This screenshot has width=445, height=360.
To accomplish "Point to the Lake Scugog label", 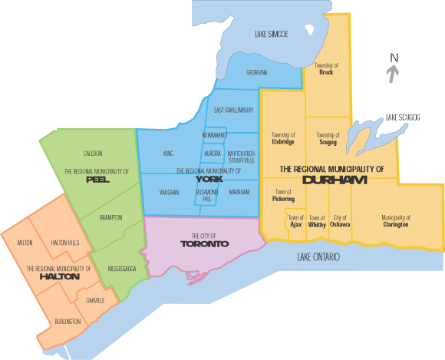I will click(x=403, y=117).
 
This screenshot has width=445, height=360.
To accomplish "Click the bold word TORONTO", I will click(x=204, y=243).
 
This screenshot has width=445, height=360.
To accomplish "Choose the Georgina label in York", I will click(x=257, y=73).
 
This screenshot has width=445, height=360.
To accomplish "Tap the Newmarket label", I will click(x=215, y=135).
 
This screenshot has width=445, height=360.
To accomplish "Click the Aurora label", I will click(x=213, y=154).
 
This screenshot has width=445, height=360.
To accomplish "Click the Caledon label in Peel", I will click(x=93, y=154).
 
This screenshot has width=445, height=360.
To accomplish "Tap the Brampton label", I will click(x=111, y=218).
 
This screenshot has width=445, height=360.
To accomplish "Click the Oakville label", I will click(x=96, y=300).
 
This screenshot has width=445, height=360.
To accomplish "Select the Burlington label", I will click(x=68, y=322).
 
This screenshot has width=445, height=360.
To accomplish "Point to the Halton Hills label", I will click(x=66, y=243).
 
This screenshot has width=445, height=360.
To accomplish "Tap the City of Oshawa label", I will click(x=340, y=221).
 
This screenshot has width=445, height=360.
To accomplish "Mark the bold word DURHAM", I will click(x=335, y=180).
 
